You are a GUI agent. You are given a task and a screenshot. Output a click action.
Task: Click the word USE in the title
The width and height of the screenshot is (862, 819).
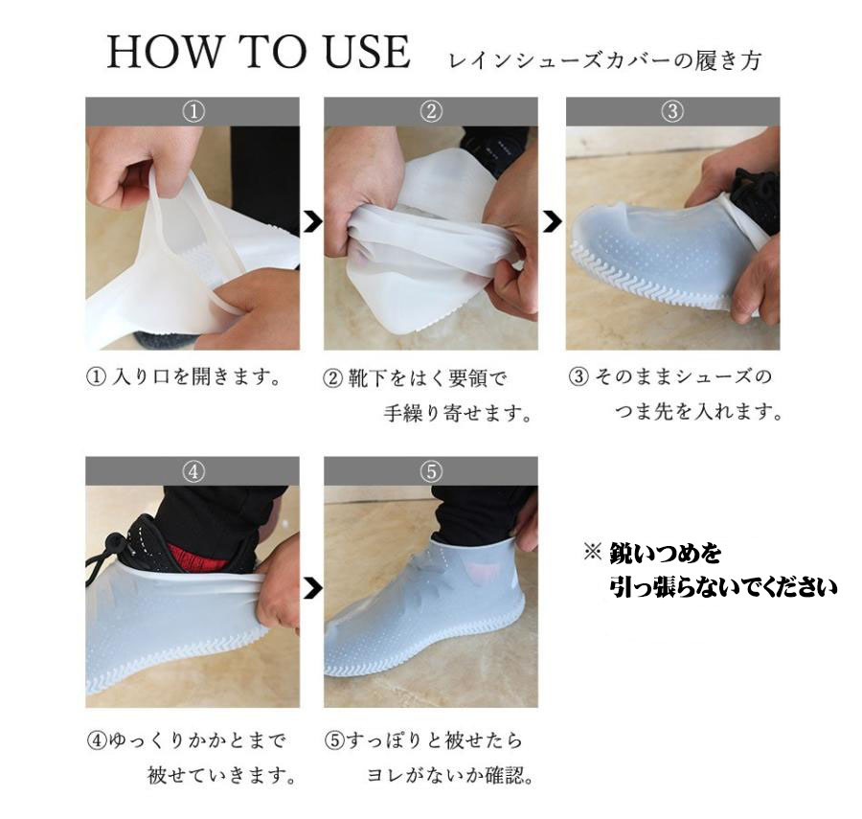(x=367, y=52)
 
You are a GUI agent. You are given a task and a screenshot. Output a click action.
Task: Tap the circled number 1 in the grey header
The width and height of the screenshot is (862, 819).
(x=193, y=111)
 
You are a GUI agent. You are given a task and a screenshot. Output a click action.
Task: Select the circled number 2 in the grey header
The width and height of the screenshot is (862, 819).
(x=431, y=111)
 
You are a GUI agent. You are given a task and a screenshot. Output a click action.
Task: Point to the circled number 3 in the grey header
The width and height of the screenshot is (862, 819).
(x=672, y=111)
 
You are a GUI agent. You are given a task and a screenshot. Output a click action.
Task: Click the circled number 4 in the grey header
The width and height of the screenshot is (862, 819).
(x=193, y=471)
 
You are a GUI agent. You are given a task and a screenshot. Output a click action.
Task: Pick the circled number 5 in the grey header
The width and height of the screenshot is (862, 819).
(x=431, y=471)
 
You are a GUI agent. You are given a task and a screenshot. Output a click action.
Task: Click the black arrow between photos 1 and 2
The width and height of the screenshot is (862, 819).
(x=312, y=222)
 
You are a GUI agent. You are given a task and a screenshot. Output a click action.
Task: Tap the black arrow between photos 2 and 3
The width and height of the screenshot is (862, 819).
(x=553, y=222)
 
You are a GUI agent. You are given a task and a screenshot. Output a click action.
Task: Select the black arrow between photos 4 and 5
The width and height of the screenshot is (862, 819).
(x=312, y=588)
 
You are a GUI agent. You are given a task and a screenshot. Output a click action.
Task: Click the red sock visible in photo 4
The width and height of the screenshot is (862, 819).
(x=194, y=557)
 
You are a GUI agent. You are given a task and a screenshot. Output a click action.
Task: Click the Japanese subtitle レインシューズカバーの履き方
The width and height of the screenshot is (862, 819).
(x=605, y=60)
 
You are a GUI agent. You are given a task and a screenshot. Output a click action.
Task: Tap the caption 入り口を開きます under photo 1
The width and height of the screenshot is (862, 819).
(x=196, y=377)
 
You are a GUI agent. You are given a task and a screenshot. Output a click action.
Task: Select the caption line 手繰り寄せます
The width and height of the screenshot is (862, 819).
(x=458, y=413)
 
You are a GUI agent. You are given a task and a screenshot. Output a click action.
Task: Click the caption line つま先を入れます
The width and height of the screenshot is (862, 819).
(x=698, y=411)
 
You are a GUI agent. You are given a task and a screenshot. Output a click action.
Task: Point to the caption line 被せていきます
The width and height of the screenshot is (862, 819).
(x=221, y=775)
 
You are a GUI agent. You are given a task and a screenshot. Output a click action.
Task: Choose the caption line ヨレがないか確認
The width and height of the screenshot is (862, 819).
(x=450, y=775)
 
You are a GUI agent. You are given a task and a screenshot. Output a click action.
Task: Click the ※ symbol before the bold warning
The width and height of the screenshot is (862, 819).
(x=593, y=552)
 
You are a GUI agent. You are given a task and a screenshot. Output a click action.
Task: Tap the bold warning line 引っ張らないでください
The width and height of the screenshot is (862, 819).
(x=723, y=587)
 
